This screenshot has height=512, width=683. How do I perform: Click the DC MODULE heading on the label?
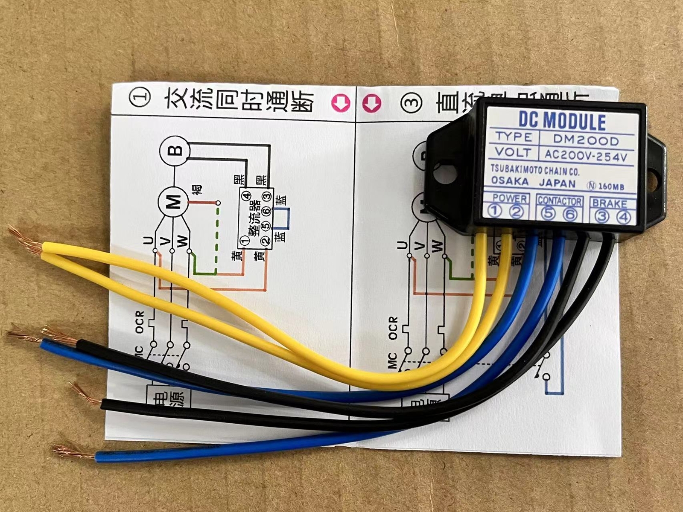point(562,121)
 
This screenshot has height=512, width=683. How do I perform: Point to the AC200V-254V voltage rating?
point(586,156)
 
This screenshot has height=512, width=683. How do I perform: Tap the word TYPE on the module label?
point(514,137)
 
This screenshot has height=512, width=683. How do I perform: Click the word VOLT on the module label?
point(513,152)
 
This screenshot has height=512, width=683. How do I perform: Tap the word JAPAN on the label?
point(557,183)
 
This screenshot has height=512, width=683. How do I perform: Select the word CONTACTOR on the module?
point(559,201)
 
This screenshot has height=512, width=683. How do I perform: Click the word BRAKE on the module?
point(609,204)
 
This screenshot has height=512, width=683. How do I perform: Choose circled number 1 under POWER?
point(495,211)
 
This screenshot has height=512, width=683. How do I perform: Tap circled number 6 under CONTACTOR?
point(570,214)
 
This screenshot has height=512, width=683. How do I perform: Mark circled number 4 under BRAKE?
point(624,217)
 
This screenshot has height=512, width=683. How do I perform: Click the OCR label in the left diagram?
point(140,322)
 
